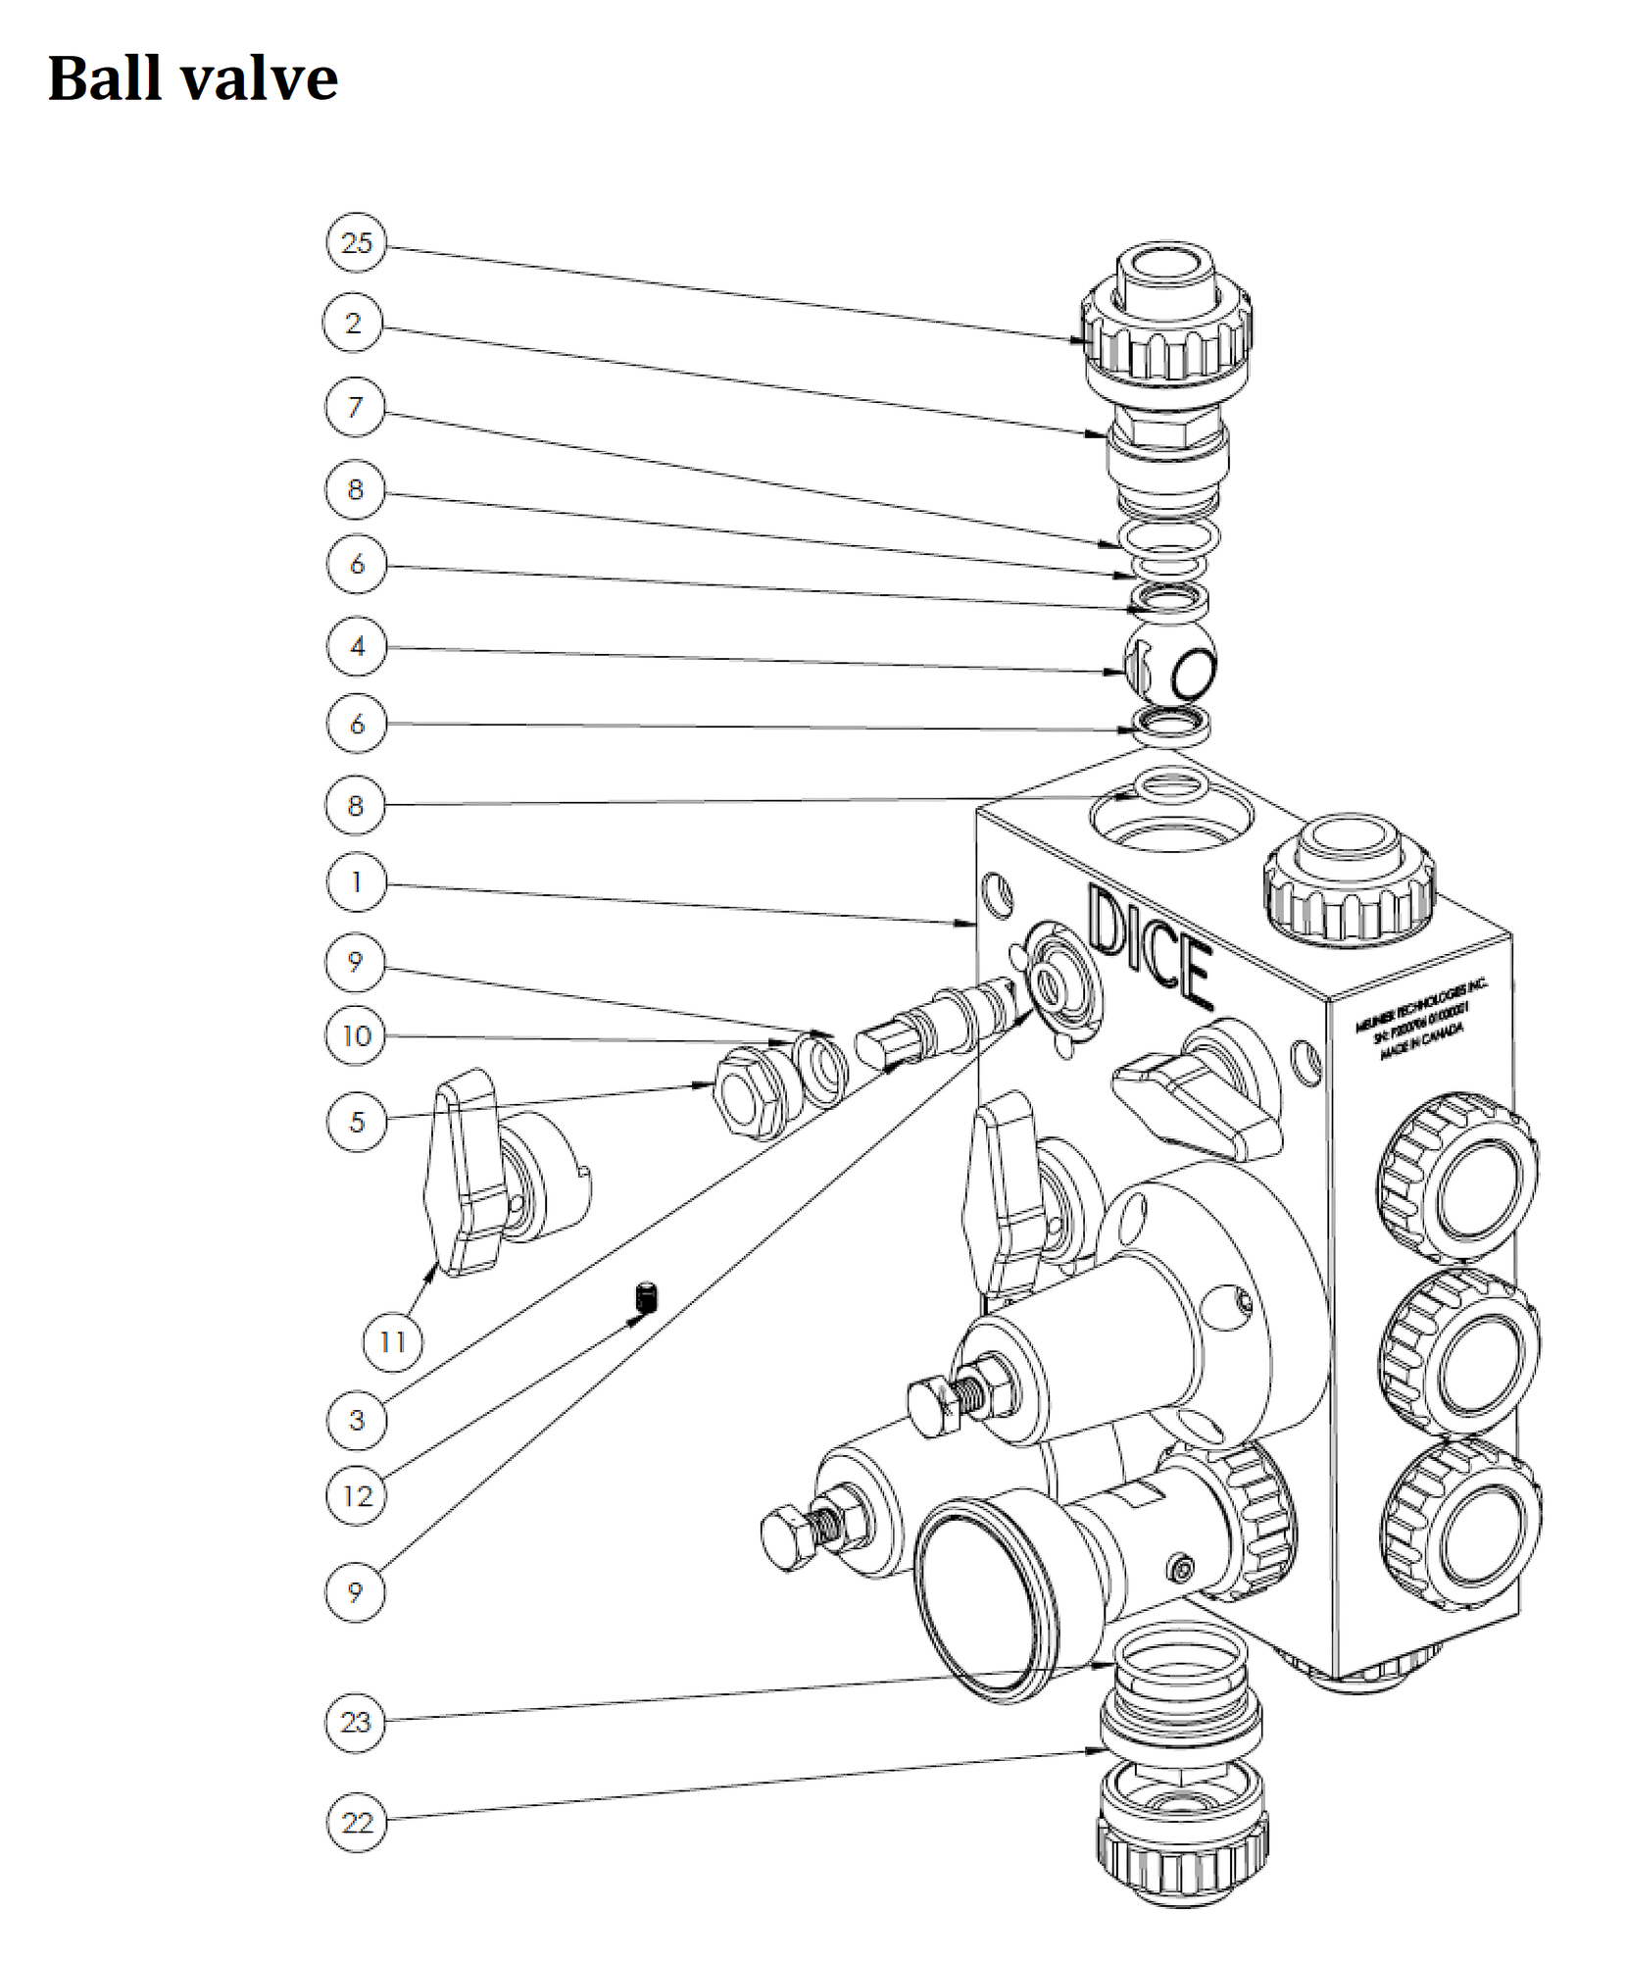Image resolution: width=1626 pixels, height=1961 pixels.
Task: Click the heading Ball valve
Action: (x=192, y=78)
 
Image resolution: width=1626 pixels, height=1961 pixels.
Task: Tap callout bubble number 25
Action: (x=356, y=242)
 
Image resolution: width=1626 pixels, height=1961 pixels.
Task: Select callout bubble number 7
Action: (x=355, y=406)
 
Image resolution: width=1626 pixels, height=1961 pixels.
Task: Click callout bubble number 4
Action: (x=356, y=646)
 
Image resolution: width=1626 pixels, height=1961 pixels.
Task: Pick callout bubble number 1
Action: (x=355, y=882)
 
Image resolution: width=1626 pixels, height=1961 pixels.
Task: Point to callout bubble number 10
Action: (x=356, y=1035)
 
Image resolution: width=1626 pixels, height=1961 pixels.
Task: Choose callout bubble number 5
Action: (x=356, y=1121)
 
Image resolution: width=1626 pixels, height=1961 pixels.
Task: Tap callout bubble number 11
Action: (x=392, y=1341)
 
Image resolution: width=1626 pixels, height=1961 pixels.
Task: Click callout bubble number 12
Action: (x=356, y=1495)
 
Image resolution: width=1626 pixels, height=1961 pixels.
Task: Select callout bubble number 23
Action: (x=355, y=1721)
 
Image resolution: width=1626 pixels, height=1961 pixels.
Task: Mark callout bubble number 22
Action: (x=356, y=1822)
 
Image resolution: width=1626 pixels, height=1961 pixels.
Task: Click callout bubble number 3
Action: (x=356, y=1419)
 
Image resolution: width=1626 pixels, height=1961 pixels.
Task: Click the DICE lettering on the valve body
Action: (x=1147, y=946)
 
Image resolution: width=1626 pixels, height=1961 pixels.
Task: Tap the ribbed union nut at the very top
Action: (x=1165, y=333)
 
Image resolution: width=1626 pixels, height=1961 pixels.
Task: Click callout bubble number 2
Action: (x=354, y=323)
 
